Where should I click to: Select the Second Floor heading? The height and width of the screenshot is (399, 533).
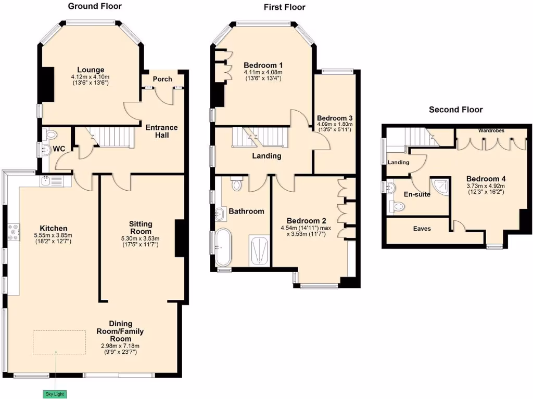(x=455, y=110)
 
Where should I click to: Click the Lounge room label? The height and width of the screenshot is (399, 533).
(x=91, y=70)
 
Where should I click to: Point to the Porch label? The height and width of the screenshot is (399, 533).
(x=162, y=79)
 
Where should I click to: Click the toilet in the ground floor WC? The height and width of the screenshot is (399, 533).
(x=51, y=135)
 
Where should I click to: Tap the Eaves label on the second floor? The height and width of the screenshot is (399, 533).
(x=422, y=229)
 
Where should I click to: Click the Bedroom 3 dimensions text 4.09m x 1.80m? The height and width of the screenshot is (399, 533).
(x=335, y=124)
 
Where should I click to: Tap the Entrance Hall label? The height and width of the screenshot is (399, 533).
(x=161, y=131)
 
